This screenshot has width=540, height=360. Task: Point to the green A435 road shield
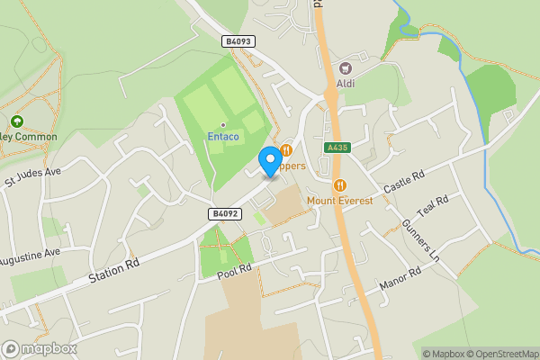(337, 147)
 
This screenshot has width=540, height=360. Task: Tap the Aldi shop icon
(345, 67)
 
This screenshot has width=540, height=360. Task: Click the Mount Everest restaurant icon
(339, 185)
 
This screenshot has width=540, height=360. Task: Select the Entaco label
(222, 137)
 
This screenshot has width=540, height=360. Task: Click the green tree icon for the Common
(16, 121)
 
